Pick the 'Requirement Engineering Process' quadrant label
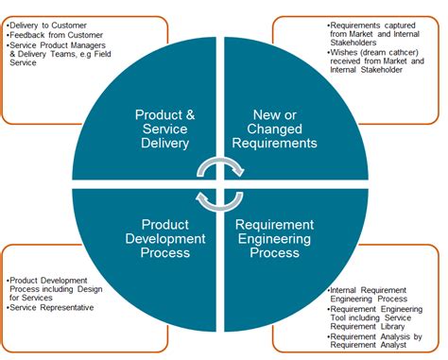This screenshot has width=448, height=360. pyautogui.click(x=274, y=239)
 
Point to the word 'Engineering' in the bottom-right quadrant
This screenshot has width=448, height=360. pyautogui.click(x=274, y=239)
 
